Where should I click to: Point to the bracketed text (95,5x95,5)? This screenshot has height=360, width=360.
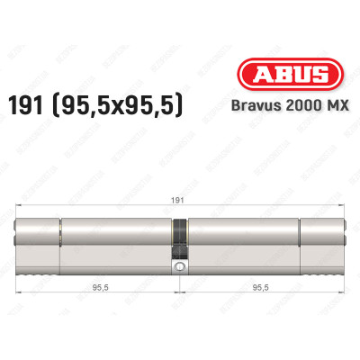click(122, 104)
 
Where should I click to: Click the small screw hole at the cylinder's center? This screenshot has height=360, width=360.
click(180, 268)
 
